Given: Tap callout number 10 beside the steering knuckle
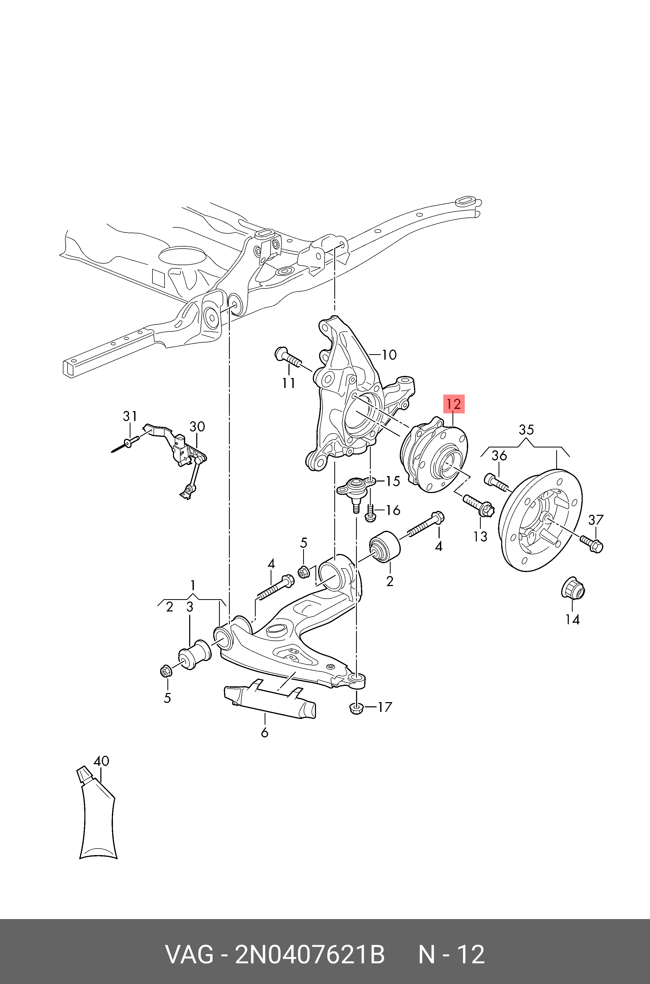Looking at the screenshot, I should [389, 355].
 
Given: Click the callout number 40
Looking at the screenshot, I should [101, 761].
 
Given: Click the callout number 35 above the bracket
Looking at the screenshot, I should [526, 429].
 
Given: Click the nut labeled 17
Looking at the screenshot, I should [357, 708].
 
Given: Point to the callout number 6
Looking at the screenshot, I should [264, 732].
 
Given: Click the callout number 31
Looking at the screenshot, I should [130, 416].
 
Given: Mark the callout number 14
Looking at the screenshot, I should [572, 619].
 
